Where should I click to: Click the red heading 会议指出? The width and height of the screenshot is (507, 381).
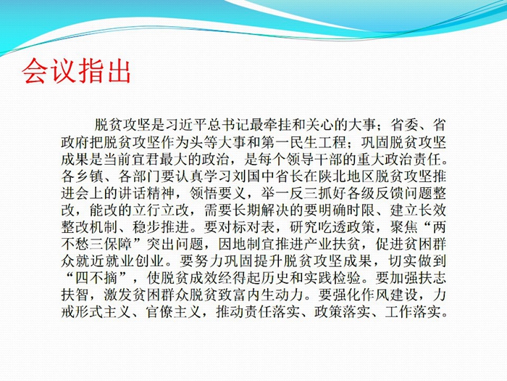pos(76,71)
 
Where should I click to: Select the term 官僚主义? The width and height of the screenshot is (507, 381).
pos(175,312)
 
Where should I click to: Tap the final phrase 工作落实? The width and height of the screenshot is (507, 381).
pos(413,312)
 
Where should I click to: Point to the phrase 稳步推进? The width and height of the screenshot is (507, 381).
pos(161,228)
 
